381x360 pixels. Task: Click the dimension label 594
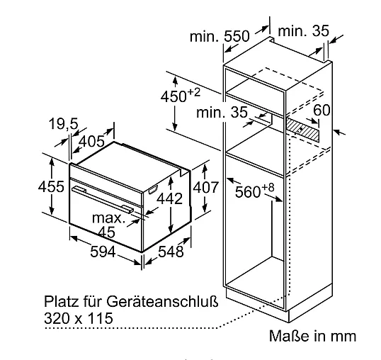[103, 252]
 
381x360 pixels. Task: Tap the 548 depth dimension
[171, 252]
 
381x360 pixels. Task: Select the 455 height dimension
[51, 186]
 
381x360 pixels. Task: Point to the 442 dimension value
[169, 198]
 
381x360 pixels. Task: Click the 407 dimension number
[206, 187]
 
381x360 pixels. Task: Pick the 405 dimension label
[92, 141]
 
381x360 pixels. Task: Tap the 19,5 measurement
[64, 123]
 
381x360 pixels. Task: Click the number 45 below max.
[107, 232]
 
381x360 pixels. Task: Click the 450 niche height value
[174, 96]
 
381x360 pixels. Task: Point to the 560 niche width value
[248, 192]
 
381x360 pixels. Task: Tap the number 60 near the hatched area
[322, 110]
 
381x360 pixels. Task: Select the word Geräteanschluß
[162, 301]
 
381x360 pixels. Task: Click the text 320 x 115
[79, 318]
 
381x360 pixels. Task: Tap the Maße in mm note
[313, 336]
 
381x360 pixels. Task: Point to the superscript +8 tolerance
[268, 187]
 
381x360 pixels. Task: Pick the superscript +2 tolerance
[194, 92]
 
